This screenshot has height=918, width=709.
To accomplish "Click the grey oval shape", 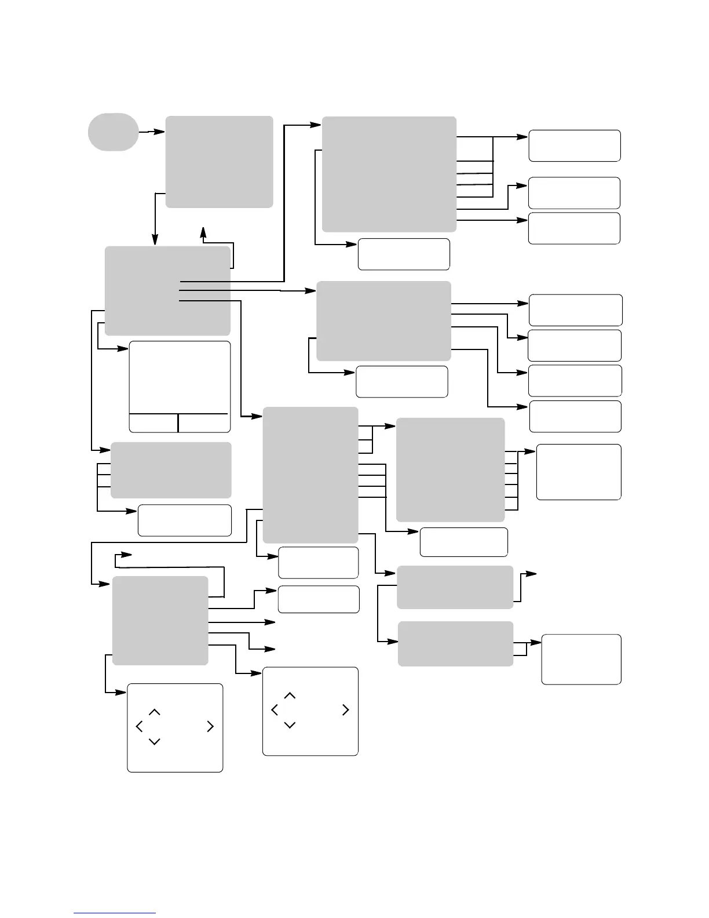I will (x=113, y=132).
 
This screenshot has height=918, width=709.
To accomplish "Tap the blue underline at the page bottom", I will (x=115, y=913).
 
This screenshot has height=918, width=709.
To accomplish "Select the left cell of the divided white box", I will (x=153, y=423).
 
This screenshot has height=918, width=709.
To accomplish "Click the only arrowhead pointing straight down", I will (x=155, y=239).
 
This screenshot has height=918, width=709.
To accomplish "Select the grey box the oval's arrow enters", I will (x=219, y=162).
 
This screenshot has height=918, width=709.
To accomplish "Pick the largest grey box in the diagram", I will (x=389, y=174).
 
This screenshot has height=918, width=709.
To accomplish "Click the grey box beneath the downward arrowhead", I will (x=167, y=290).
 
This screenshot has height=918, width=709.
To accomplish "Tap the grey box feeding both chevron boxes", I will (x=160, y=620).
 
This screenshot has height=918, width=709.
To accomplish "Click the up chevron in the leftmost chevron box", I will (x=155, y=712).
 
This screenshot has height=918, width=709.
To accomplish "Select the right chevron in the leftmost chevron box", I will (x=210, y=726).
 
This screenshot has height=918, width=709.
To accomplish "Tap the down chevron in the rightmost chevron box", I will (x=290, y=725).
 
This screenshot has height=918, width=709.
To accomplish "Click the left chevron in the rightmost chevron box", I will (x=274, y=710).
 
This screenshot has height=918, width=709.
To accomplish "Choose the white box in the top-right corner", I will (x=574, y=145).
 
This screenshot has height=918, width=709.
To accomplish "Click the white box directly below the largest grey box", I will (x=404, y=254).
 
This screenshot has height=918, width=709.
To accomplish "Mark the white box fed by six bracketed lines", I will (x=578, y=472).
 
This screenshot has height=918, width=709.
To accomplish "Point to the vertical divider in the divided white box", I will (x=178, y=423).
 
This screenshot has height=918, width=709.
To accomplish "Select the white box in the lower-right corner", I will (x=581, y=659).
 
